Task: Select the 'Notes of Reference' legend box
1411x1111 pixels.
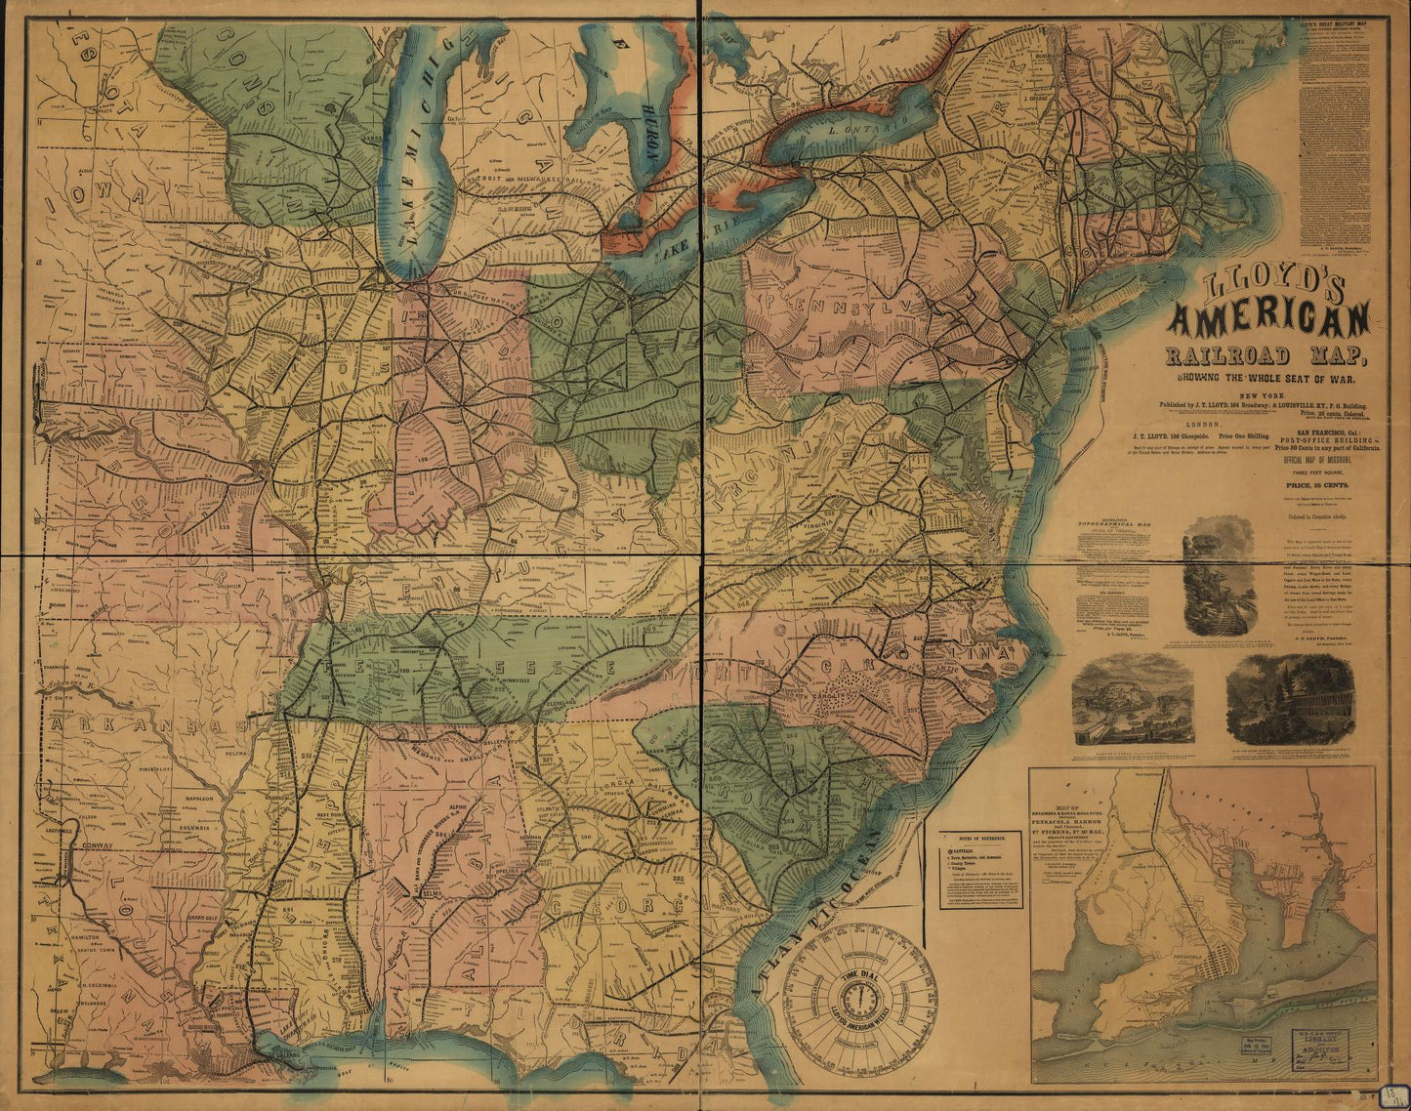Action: click(981, 869)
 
